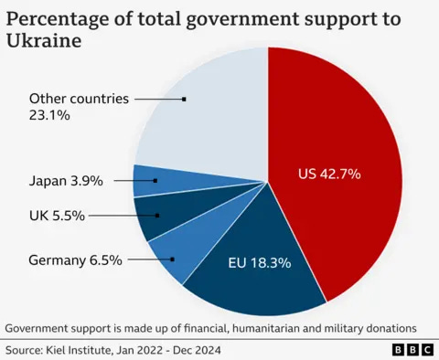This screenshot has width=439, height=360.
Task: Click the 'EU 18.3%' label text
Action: click(259, 263)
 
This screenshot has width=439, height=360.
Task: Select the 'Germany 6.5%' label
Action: click(76, 259)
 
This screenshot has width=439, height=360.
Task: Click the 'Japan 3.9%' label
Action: click(66, 181)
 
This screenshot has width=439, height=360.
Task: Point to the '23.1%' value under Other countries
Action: click(48, 116)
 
